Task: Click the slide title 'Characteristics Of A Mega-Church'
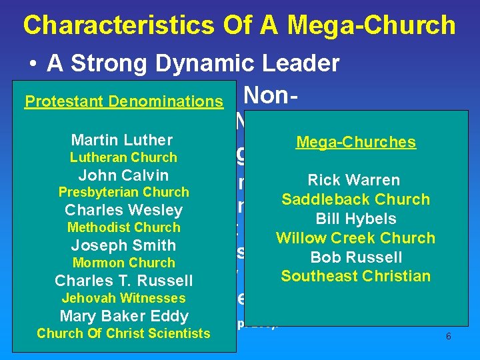pyautogui.click(x=239, y=25)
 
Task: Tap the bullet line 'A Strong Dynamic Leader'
pyautogui.click(x=193, y=63)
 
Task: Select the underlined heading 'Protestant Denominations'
pyautogui.click(x=123, y=101)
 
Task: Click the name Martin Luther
pyautogui.click(x=122, y=140)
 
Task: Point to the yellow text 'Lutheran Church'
pyautogui.click(x=123, y=158)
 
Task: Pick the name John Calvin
pyautogui.click(x=123, y=175)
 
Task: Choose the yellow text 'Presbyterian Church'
pyautogui.click(x=123, y=193)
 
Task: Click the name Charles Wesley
pyautogui.click(x=123, y=211)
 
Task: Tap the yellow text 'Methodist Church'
pyautogui.click(x=123, y=228)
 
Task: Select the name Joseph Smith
pyautogui.click(x=123, y=245)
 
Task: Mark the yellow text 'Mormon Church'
pyautogui.click(x=123, y=263)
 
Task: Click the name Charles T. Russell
pyautogui.click(x=123, y=281)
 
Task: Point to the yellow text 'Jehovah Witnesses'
pyautogui.click(x=123, y=298)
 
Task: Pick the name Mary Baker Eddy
pyautogui.click(x=124, y=316)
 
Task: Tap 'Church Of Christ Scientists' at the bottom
pyautogui.click(x=123, y=333)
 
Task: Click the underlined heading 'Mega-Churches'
pyautogui.click(x=356, y=142)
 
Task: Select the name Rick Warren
pyautogui.click(x=353, y=180)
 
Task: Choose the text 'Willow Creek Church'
pyautogui.click(x=355, y=238)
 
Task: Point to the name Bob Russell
pyautogui.click(x=356, y=257)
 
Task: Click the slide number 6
pyautogui.click(x=448, y=337)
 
